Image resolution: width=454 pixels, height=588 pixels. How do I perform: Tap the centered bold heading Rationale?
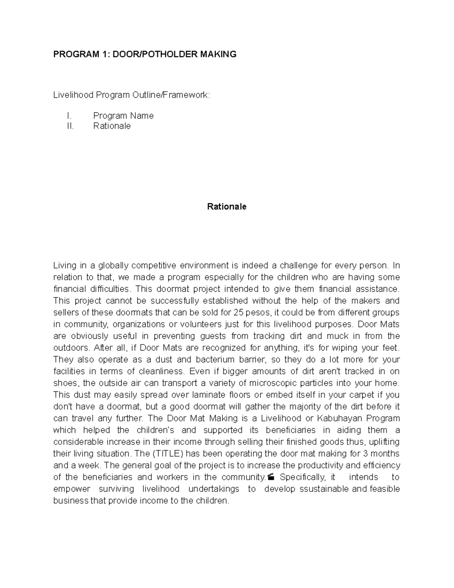click(x=227, y=207)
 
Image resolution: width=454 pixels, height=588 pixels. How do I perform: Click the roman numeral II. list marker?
click(x=70, y=126)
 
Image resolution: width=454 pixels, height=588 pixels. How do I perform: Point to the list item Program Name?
click(x=123, y=116)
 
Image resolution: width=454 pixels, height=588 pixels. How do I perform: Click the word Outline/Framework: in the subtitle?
click(x=171, y=95)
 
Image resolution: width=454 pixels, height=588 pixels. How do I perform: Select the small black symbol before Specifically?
click(x=270, y=477)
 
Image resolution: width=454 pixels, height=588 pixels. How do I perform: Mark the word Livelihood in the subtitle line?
click(x=73, y=95)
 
